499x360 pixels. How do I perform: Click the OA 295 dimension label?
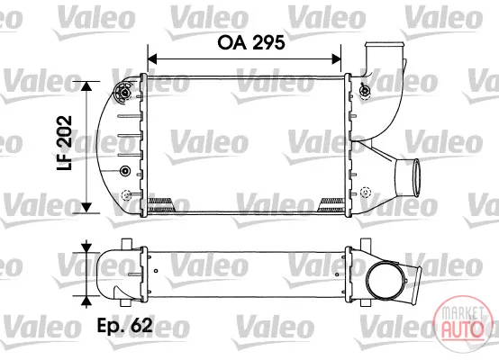tap(251, 42)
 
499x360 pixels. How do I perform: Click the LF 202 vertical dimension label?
tap(64, 143)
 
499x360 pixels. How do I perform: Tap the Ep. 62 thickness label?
tap(124, 325)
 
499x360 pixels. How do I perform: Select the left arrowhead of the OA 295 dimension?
tap(153, 59)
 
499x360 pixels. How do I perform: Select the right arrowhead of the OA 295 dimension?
tap(336, 59)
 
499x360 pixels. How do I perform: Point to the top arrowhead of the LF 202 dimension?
tap(86, 86)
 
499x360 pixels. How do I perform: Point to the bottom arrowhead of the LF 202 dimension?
tap(86, 207)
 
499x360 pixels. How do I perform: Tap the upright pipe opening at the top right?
tap(385, 44)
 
